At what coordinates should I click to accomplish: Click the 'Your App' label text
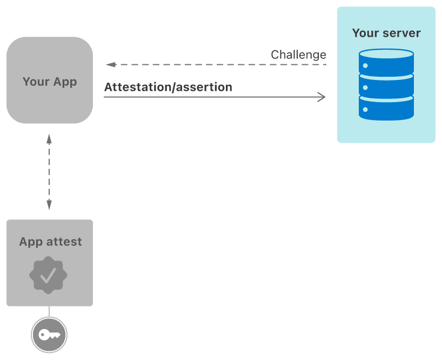pos(50,82)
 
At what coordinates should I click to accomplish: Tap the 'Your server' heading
pos(386,33)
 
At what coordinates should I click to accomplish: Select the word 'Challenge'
pos(298,55)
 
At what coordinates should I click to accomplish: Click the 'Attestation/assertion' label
pos(168,87)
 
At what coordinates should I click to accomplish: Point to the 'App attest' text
pos(50,242)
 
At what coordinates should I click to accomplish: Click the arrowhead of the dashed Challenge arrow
pos(110,64)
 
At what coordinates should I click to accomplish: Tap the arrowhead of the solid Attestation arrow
pos(322,97)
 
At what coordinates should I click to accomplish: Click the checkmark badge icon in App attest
pos(49,276)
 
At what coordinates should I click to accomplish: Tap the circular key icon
pos(49,335)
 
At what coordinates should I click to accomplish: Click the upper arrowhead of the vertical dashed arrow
pos(49,138)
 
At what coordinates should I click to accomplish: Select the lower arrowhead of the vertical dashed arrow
pos(49,205)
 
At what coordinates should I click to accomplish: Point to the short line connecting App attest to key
pos(49,312)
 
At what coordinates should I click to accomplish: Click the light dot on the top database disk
pos(366,65)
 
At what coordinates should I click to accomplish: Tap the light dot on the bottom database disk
pos(366,110)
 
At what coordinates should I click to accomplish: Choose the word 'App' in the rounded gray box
pos(64,82)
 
